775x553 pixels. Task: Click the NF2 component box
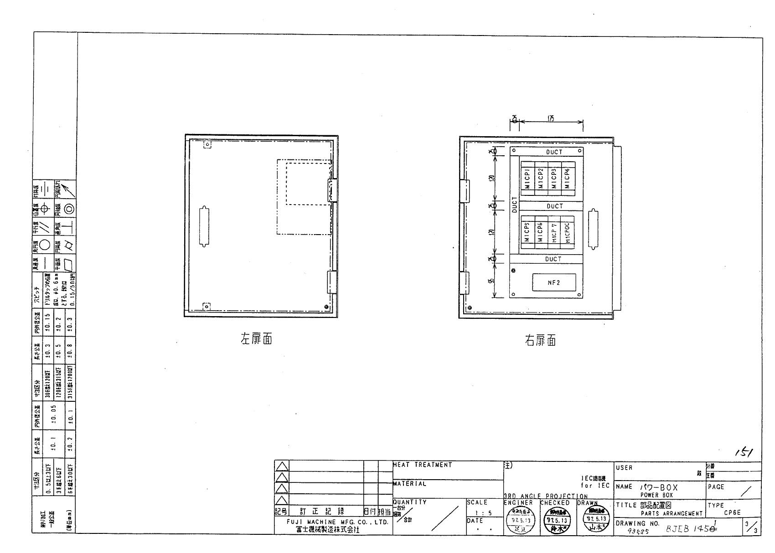[554, 282]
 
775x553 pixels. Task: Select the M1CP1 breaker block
[527, 179]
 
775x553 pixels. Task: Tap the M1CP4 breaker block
[567, 179]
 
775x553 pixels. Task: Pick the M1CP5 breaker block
[527, 232]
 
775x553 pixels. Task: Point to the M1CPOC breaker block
[568, 232]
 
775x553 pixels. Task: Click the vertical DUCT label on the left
[515, 205]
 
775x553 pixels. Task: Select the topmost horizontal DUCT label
[554, 152]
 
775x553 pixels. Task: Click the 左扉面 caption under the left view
[256, 339]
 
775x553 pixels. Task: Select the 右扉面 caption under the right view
[540, 341]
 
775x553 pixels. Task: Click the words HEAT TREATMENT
[422, 465]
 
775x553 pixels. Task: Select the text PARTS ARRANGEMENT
[672, 513]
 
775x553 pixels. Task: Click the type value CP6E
[732, 512]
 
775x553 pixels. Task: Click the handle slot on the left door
[204, 228]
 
